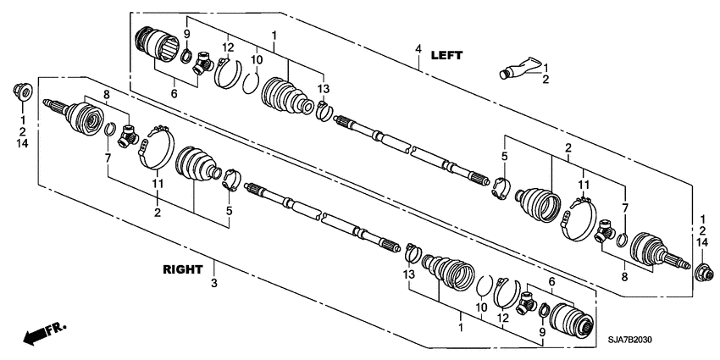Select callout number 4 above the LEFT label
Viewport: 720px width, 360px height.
(x=418, y=50)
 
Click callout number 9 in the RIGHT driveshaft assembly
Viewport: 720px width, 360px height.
(x=542, y=333)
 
